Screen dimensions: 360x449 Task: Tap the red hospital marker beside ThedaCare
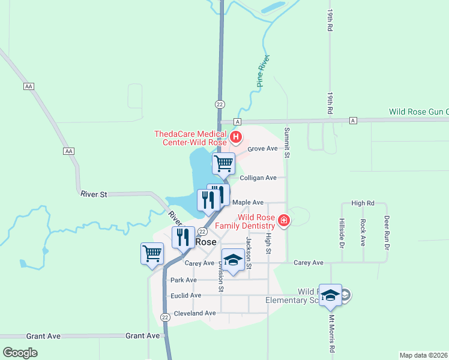tap(236, 137)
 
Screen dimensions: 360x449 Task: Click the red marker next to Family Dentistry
tap(284, 221)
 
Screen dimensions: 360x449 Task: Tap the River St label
tap(94, 194)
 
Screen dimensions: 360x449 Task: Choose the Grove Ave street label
tap(262, 148)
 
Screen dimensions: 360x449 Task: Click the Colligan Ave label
tap(258, 178)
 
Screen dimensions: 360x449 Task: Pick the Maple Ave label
tap(248, 203)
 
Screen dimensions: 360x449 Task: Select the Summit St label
tap(287, 143)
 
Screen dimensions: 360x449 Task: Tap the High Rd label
tap(363, 203)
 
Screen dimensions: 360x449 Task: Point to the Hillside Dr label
tap(342, 233)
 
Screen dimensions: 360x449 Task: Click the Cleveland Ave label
tap(194, 313)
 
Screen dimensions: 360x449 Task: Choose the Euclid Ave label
tap(186, 296)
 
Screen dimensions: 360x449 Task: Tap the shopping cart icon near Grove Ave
tap(223, 162)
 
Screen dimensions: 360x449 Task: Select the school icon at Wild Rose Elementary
tap(330, 295)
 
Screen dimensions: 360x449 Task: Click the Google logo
tap(20, 353)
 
